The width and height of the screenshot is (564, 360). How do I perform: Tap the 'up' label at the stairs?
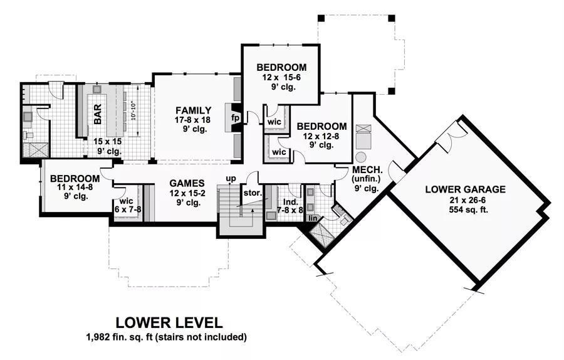pyautogui.click(x=231, y=179)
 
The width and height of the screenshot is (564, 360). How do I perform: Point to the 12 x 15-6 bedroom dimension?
pyautogui.click(x=281, y=78)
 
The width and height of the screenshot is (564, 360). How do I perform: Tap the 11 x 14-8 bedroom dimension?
pyautogui.click(x=75, y=187)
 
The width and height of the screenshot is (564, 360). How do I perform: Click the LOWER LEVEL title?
pyautogui.click(x=166, y=324)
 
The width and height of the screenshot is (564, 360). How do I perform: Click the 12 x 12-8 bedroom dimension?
pyautogui.click(x=321, y=137)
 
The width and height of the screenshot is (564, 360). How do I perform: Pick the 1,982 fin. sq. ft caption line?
pyautogui.click(x=166, y=337)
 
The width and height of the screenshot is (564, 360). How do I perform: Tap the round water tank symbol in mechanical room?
pyautogui.click(x=361, y=156)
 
